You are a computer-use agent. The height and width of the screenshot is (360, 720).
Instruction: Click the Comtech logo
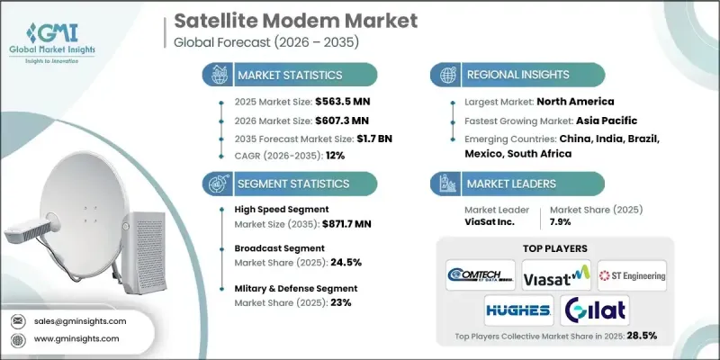[x=481, y=274]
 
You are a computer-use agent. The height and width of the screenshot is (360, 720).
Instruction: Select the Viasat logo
[x=555, y=274]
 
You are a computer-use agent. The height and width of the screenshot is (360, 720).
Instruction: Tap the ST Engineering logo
[x=632, y=274]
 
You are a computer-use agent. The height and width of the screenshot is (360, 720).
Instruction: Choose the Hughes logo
[x=517, y=310]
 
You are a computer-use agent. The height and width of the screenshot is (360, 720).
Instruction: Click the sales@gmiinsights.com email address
[x=81, y=320]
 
